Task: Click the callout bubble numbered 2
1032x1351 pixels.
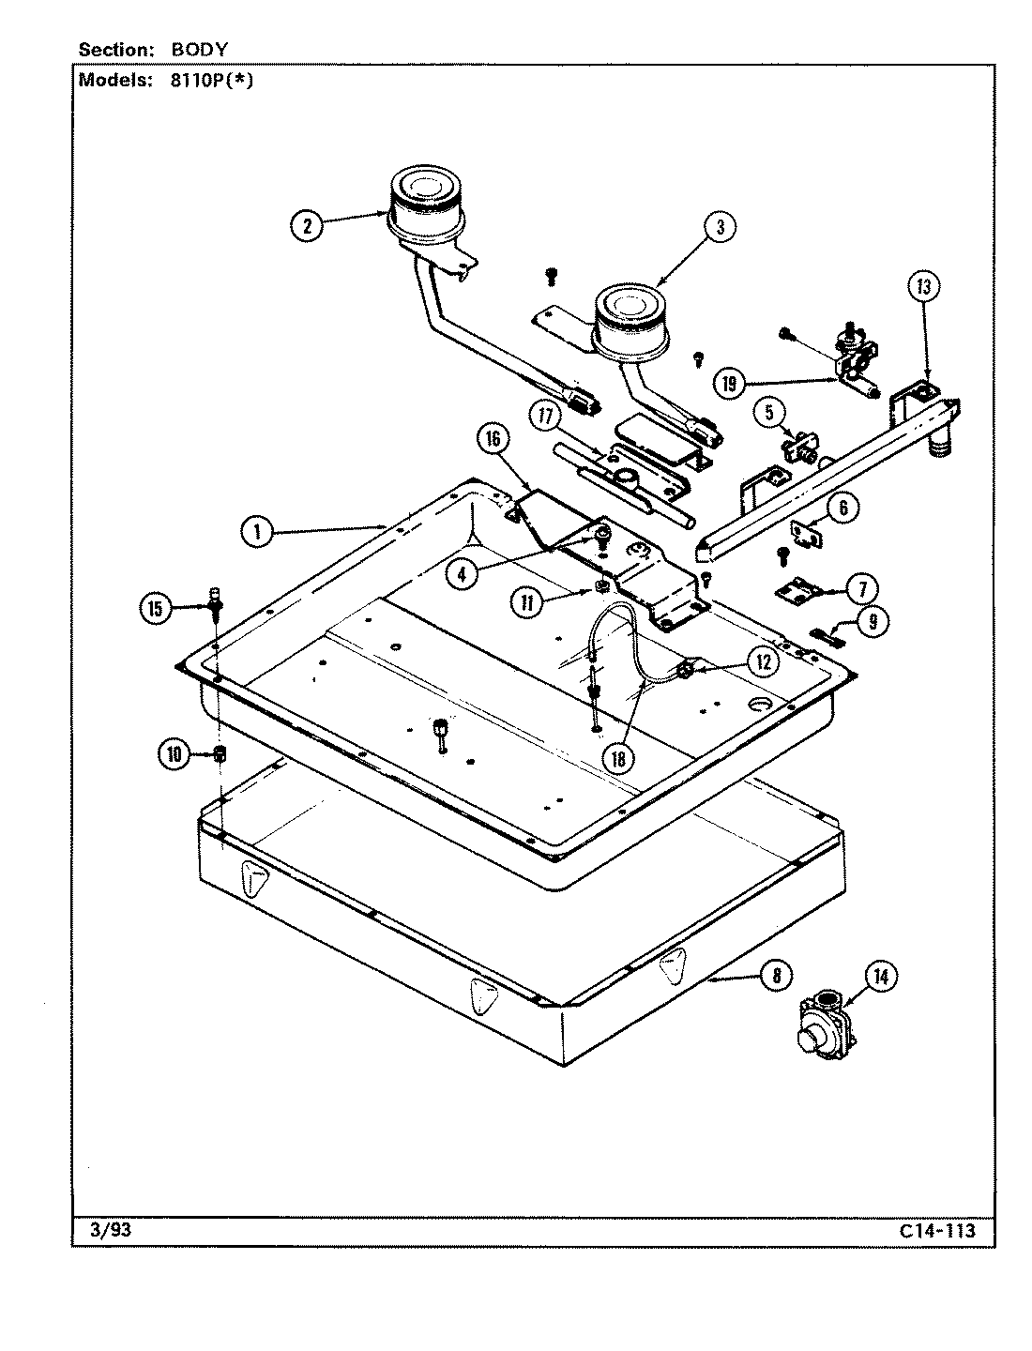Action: pyautogui.click(x=307, y=224)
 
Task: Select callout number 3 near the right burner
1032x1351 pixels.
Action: pyautogui.click(x=720, y=226)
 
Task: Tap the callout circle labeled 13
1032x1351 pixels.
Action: pyautogui.click(x=922, y=287)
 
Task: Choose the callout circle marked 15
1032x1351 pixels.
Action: pyautogui.click(x=156, y=609)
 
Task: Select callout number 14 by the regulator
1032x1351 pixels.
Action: pyautogui.click(x=880, y=978)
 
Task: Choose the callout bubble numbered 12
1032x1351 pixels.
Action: pyautogui.click(x=763, y=661)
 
